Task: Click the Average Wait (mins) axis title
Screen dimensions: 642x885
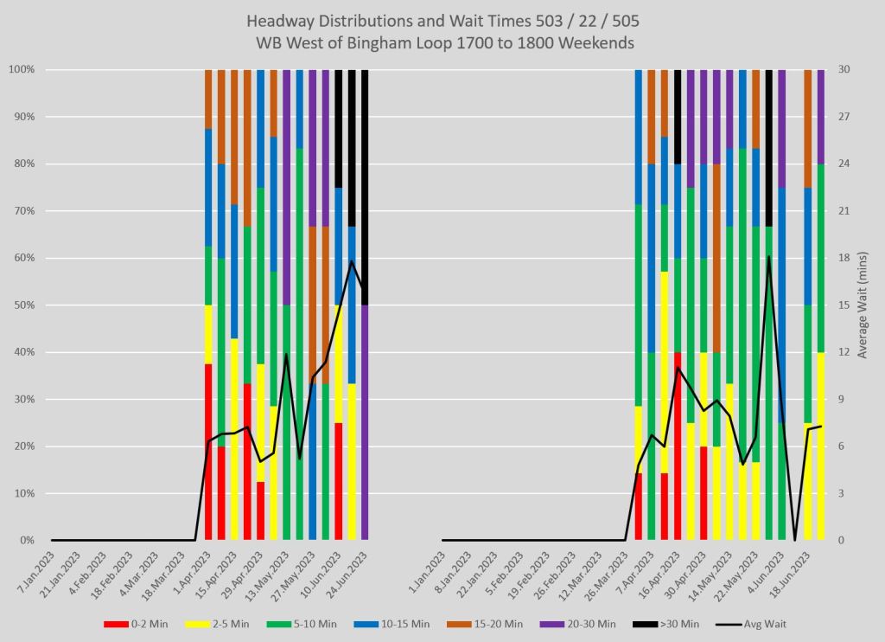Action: coord(866,305)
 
